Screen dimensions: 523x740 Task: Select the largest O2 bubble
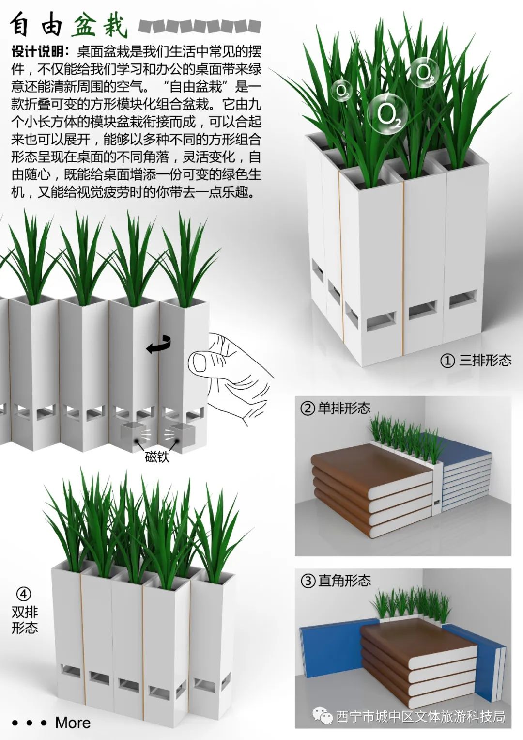pos(388,114)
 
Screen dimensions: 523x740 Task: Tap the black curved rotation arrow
pos(158,344)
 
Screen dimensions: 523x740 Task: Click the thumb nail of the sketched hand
pos(199,362)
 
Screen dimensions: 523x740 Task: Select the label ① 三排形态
pos(476,361)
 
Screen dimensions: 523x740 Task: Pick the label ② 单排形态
pos(336,409)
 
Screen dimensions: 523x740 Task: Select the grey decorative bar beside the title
pos(200,26)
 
